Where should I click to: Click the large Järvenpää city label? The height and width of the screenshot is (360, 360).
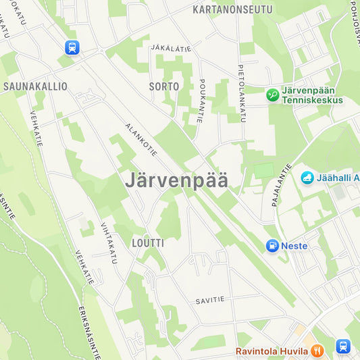[176, 180]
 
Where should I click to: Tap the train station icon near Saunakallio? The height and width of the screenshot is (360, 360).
[72, 47]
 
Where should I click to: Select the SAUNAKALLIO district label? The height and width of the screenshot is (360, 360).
[35, 86]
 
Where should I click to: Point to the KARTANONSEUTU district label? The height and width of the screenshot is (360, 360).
[232, 9]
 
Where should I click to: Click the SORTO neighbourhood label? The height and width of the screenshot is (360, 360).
[164, 86]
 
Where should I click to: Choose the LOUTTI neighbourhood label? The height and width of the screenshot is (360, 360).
[148, 242]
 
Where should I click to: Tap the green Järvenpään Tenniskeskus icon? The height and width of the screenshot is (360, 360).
[273, 95]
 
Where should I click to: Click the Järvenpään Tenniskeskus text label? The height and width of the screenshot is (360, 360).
[313, 95]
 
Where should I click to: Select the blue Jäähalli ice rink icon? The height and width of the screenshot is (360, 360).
[307, 178]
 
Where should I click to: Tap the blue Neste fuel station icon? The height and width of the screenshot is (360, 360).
[272, 246]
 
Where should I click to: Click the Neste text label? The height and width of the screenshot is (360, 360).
[294, 246]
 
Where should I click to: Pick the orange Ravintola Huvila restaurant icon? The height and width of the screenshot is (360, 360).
[317, 351]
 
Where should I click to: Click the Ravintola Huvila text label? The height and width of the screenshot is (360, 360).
[272, 351]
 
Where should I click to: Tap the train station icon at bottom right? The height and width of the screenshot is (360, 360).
[343, 346]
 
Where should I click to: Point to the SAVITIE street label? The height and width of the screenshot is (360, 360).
[209, 299]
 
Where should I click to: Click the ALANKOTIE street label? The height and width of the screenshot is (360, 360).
[141, 140]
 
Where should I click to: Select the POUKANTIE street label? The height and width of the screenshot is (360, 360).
[201, 101]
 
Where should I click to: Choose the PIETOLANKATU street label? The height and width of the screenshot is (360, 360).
[241, 93]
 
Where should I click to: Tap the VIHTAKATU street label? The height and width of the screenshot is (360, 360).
[109, 241]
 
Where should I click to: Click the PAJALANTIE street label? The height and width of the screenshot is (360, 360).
[282, 184]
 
